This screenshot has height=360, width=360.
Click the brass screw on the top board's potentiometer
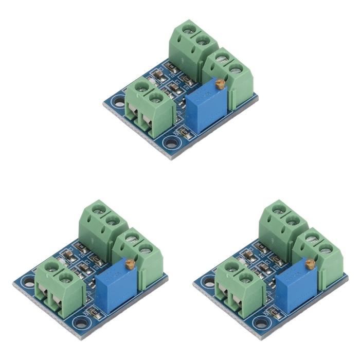220,82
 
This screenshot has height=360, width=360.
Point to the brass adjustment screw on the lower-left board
130,264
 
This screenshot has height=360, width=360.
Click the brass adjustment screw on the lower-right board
310,264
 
